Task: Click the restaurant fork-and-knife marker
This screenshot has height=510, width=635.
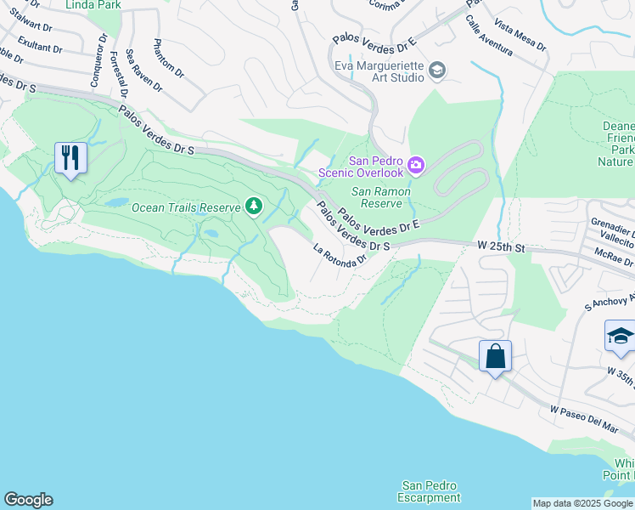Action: (x=70, y=158)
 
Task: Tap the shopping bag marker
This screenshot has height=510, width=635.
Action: (x=495, y=356)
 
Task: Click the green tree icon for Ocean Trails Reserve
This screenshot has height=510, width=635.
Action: (x=253, y=206)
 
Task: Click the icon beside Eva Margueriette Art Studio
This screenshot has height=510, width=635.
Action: (x=437, y=70)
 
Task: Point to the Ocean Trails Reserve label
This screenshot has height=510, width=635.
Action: (x=186, y=207)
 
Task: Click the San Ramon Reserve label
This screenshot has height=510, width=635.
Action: (x=381, y=198)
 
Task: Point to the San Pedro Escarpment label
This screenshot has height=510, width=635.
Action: (x=430, y=491)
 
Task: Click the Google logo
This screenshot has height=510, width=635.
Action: (x=28, y=500)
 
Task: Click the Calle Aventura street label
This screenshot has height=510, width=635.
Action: (x=488, y=37)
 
